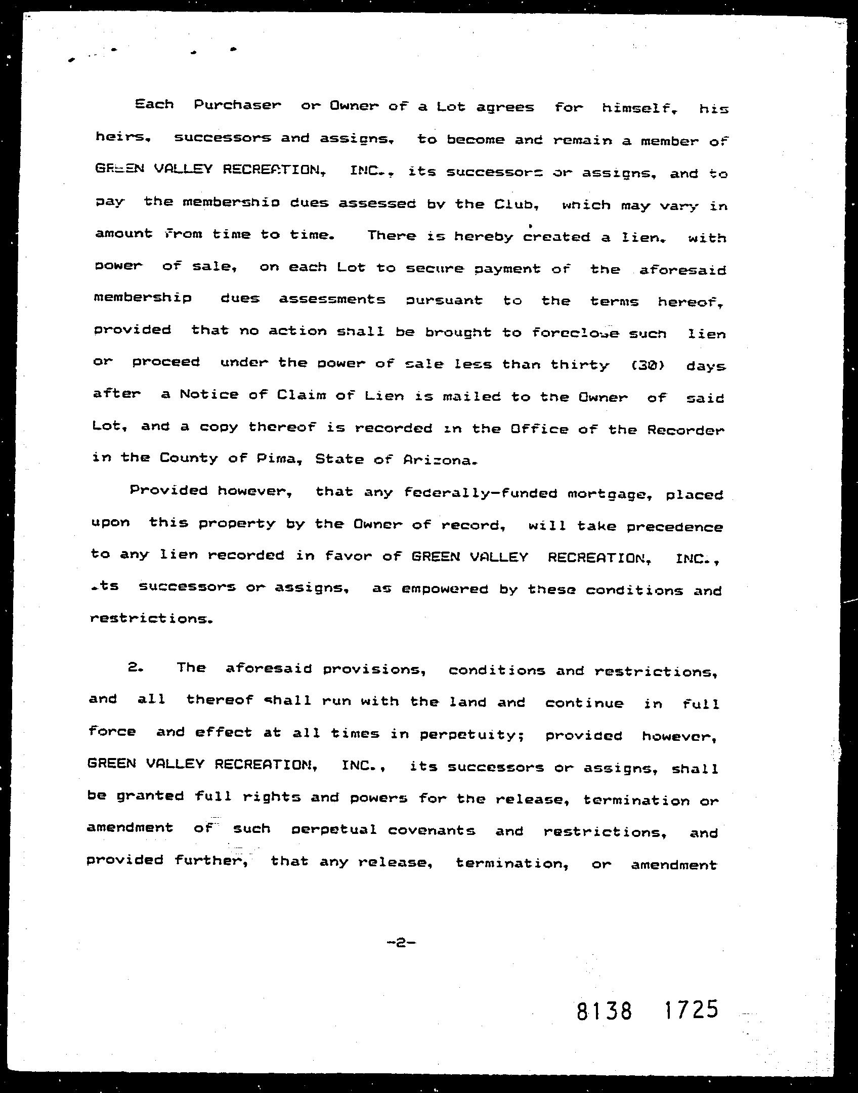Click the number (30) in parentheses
648,365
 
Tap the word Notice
209,395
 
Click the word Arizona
440,460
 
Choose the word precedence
675,527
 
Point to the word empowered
445,590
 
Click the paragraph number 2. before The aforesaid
136,667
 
